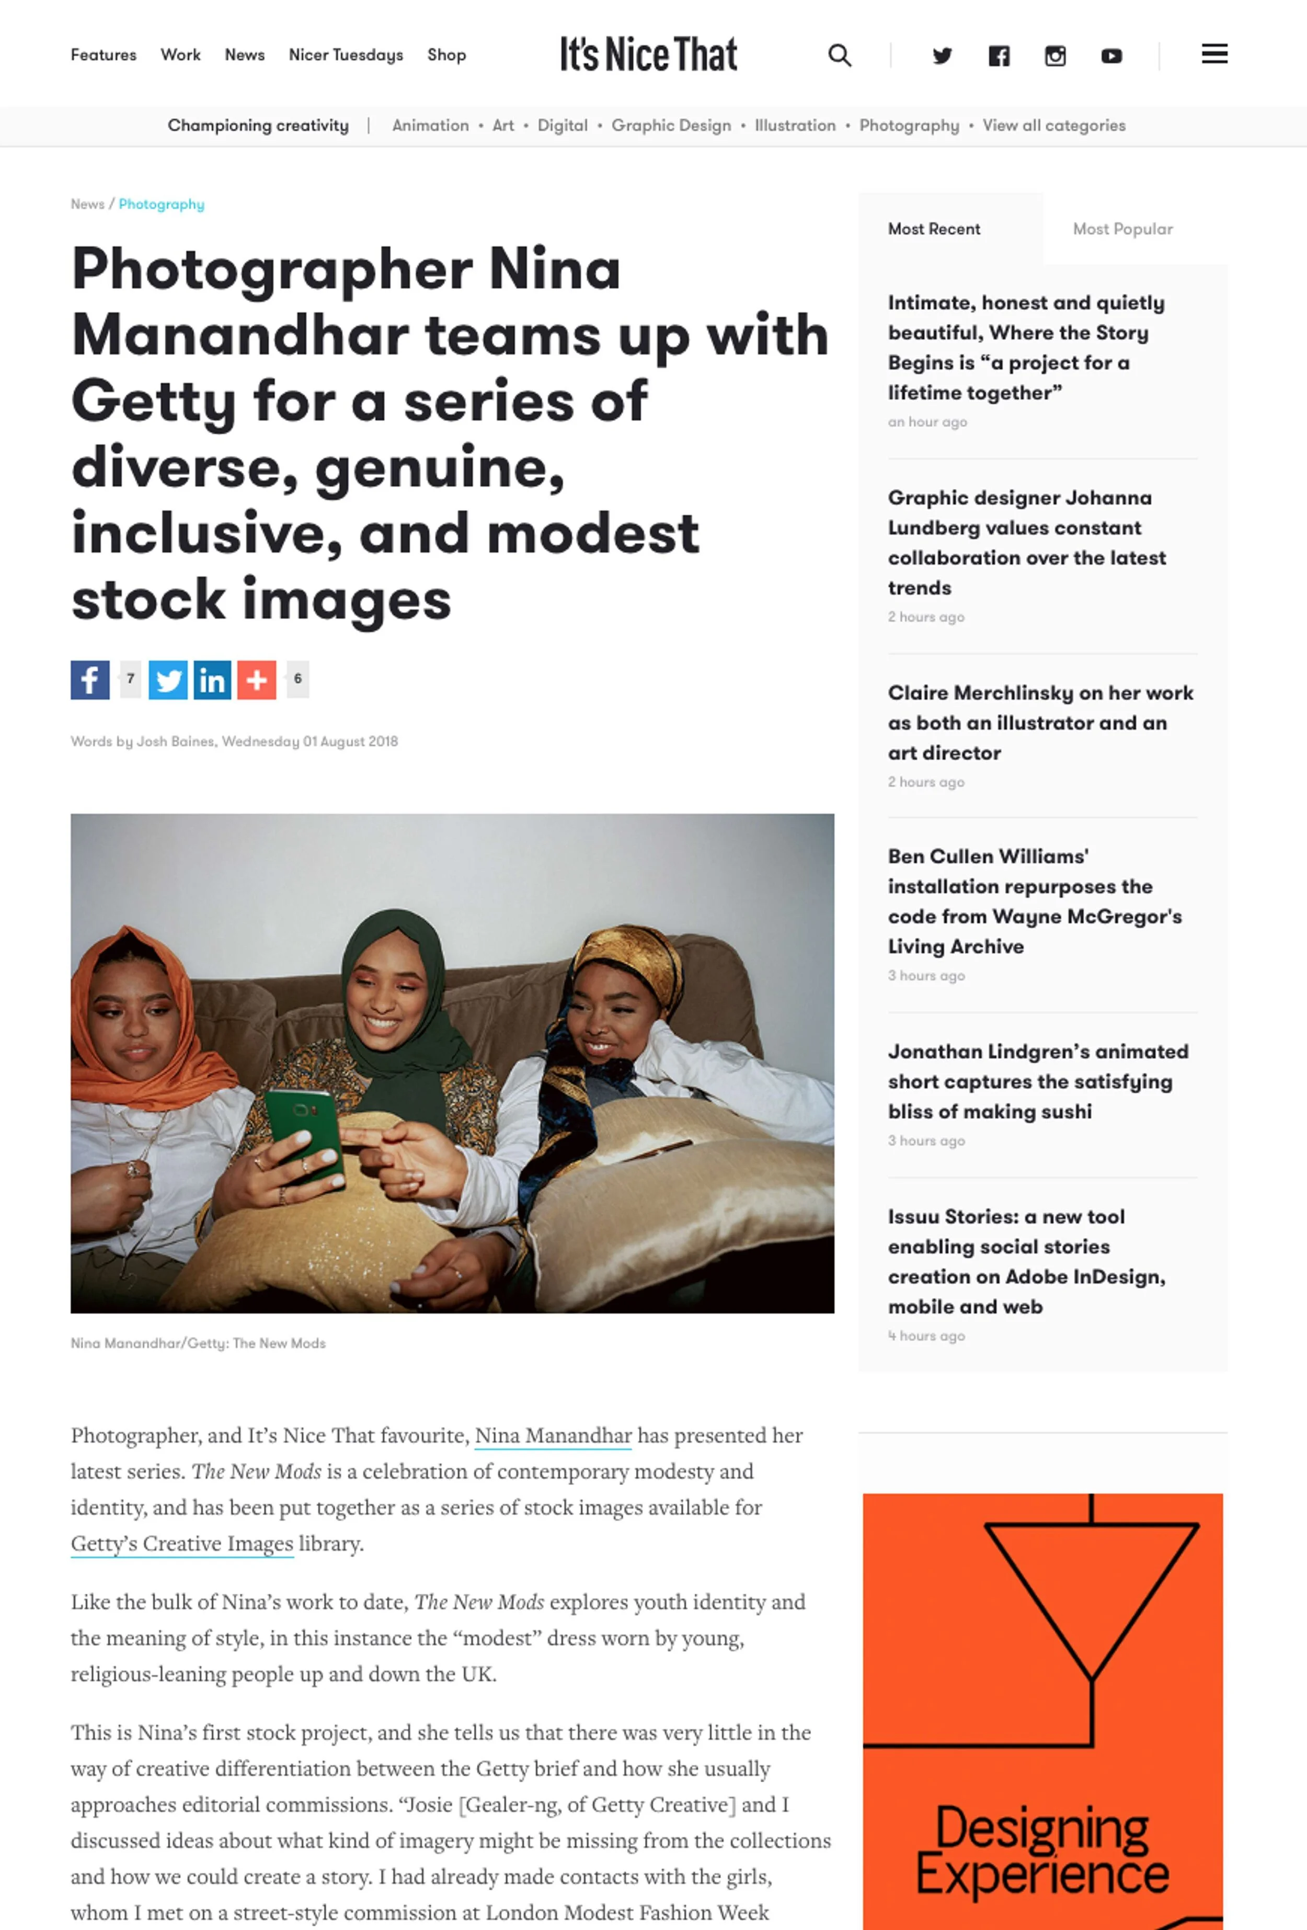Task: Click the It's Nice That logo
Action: tap(648, 55)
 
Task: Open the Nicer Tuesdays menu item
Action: tap(346, 55)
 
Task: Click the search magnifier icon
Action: tap(840, 55)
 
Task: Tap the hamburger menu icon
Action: tap(1214, 55)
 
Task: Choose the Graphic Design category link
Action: tap(671, 125)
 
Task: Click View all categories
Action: tap(1054, 125)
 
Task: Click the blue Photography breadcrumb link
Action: tap(161, 204)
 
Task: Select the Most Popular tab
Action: tap(1122, 229)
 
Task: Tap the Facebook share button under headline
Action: tap(90, 680)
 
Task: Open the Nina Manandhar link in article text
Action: tap(553, 1436)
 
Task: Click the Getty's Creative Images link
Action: tap(182, 1544)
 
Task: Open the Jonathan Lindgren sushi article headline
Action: tap(1038, 1081)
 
